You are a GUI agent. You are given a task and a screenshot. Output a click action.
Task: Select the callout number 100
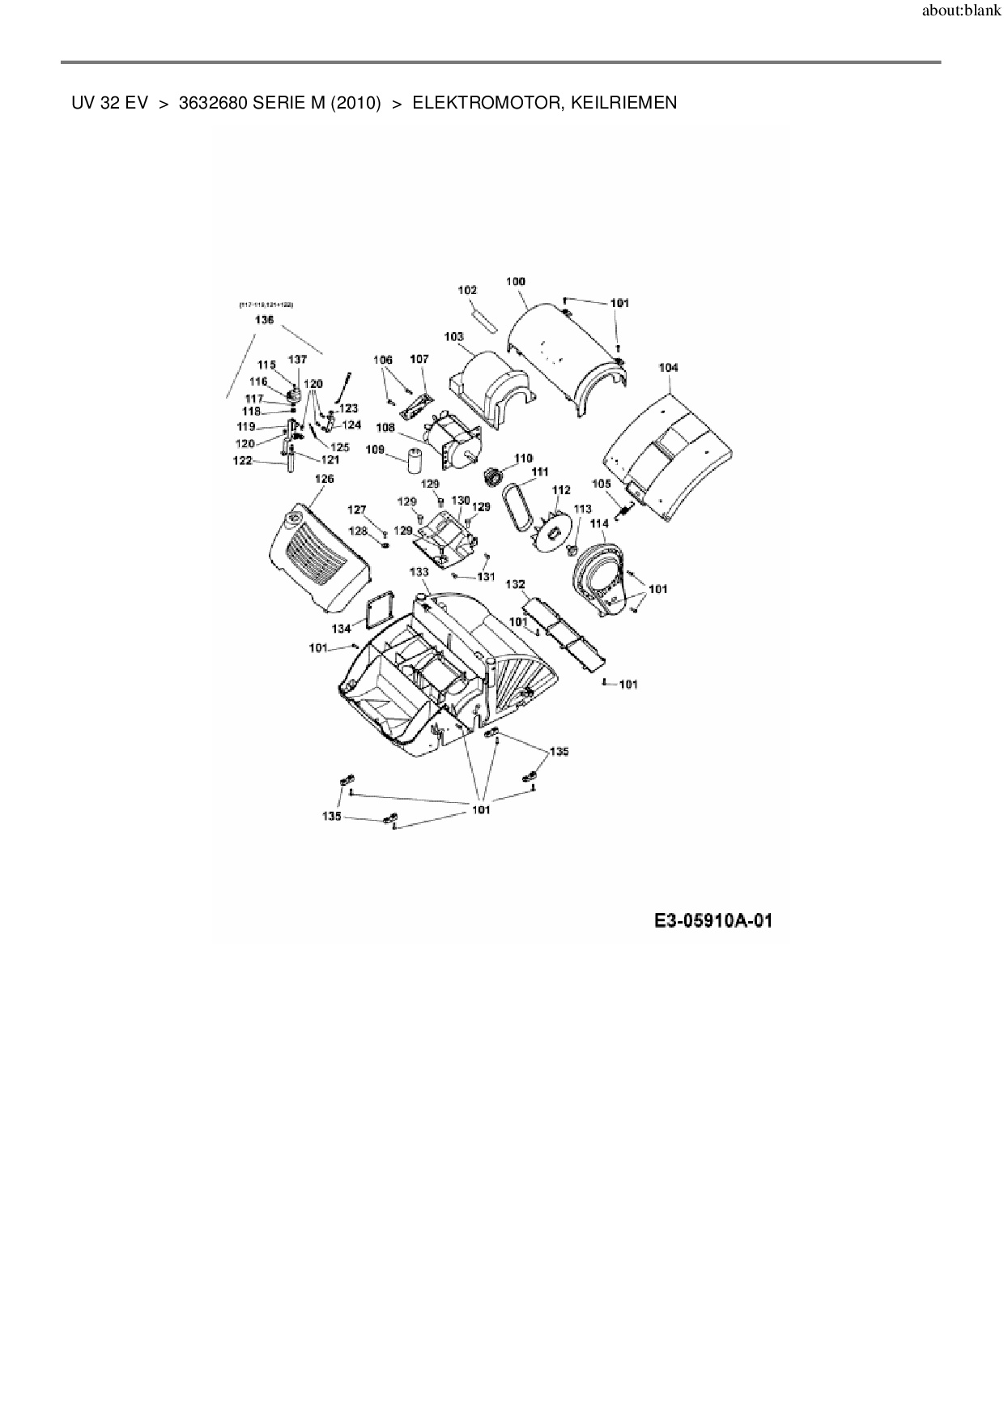(x=516, y=281)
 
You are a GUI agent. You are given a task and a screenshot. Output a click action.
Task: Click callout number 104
(x=668, y=367)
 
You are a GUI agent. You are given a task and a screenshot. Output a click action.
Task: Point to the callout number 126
(x=324, y=479)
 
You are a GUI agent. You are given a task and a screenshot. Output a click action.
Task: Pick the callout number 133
(x=419, y=572)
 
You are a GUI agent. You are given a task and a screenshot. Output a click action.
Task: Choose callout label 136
(x=264, y=320)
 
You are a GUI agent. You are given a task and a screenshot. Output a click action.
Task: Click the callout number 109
(x=375, y=449)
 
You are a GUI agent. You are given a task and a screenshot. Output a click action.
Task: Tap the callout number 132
(x=515, y=584)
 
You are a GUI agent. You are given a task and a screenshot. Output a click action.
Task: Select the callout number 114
(x=598, y=523)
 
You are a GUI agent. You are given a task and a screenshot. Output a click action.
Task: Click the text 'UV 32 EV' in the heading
(x=109, y=103)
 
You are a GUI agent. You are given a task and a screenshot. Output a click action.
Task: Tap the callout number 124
(x=351, y=425)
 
